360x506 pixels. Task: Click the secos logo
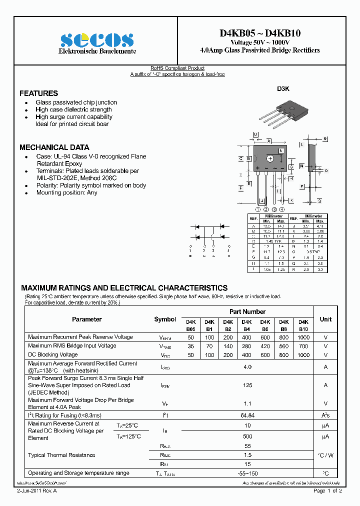click(97, 39)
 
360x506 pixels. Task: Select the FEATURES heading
click(38, 93)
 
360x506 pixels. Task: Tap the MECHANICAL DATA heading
click(54, 147)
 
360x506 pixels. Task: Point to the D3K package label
click(283, 88)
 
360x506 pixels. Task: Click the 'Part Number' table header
click(247, 311)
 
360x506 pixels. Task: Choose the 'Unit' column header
click(325, 319)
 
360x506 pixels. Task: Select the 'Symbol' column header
click(165, 319)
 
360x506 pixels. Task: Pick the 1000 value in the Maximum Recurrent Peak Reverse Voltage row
click(303, 337)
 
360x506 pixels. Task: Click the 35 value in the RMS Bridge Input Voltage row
click(191, 346)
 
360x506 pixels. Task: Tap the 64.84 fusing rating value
click(247, 415)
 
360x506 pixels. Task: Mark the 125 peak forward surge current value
click(247, 385)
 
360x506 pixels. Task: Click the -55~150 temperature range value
click(247, 473)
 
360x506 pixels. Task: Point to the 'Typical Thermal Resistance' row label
click(61, 455)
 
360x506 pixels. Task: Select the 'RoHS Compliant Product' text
click(177, 68)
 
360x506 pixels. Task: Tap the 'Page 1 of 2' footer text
click(327, 491)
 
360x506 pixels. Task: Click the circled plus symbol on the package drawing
click(270, 158)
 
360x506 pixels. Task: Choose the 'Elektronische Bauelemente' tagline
click(97, 52)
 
